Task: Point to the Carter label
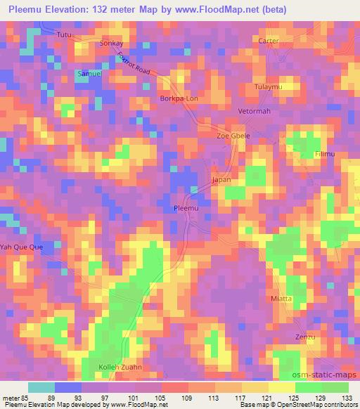(x=268, y=41)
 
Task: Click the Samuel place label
(x=89, y=74)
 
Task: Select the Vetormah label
(x=255, y=112)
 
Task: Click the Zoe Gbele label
(x=232, y=136)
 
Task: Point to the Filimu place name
(x=326, y=154)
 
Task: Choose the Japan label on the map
(x=221, y=180)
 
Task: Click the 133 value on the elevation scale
(x=347, y=397)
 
